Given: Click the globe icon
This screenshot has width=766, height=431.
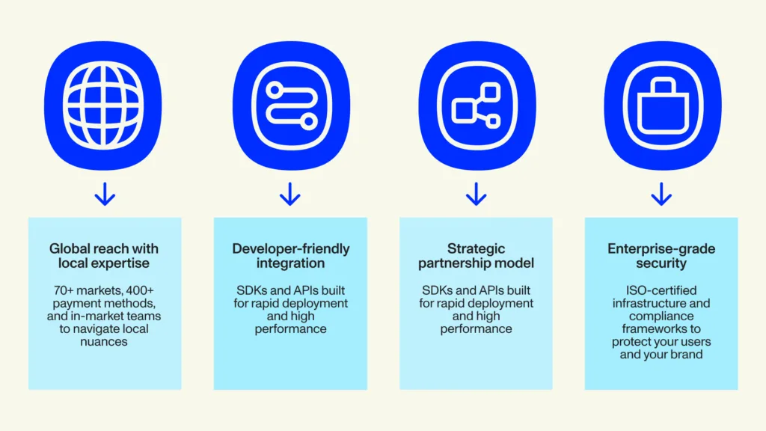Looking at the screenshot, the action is (x=103, y=105).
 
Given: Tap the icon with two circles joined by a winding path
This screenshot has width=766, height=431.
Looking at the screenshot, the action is (x=291, y=105).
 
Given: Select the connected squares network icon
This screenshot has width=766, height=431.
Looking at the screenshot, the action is (x=477, y=105).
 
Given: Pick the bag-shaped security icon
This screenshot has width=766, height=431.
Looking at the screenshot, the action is (x=663, y=105).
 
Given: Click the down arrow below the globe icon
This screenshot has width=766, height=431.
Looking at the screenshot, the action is (x=105, y=194).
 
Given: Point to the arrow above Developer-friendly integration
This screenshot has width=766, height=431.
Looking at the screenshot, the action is (x=290, y=194).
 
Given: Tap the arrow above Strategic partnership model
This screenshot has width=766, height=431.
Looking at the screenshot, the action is (x=476, y=194).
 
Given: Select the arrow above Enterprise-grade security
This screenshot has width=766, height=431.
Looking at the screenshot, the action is (x=661, y=194).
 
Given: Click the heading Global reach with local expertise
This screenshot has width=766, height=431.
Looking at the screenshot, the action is (x=104, y=256).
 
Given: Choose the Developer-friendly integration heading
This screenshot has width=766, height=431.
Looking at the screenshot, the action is (x=291, y=256).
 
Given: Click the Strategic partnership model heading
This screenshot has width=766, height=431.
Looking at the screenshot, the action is (x=476, y=256).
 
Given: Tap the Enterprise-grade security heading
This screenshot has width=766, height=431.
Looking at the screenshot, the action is (x=661, y=256).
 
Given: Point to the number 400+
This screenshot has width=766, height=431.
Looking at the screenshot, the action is (x=140, y=290).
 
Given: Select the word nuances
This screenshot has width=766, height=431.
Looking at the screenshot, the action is (x=103, y=341).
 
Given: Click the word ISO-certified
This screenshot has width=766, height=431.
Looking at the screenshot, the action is (x=661, y=290).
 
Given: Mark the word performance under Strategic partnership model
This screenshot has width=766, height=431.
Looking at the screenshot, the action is (x=476, y=329).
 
